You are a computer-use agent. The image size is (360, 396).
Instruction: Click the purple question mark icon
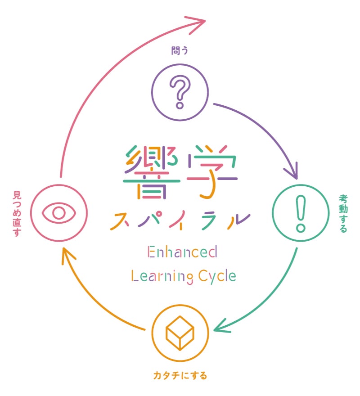coord(180,92)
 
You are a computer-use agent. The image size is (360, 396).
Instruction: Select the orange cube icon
coord(180,333)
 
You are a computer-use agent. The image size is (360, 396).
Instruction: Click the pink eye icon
coord(59,212)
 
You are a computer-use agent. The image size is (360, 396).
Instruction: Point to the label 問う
coord(180,50)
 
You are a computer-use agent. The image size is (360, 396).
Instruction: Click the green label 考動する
coord(343,213)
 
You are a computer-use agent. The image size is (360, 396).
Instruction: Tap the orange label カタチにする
coord(180,374)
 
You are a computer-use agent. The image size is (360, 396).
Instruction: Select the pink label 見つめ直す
coord(18,213)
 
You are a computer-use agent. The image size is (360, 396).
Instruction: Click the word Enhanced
coord(182,252)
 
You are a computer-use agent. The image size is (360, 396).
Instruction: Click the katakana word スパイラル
coord(180,220)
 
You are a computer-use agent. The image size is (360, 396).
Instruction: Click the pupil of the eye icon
coord(59,212)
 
